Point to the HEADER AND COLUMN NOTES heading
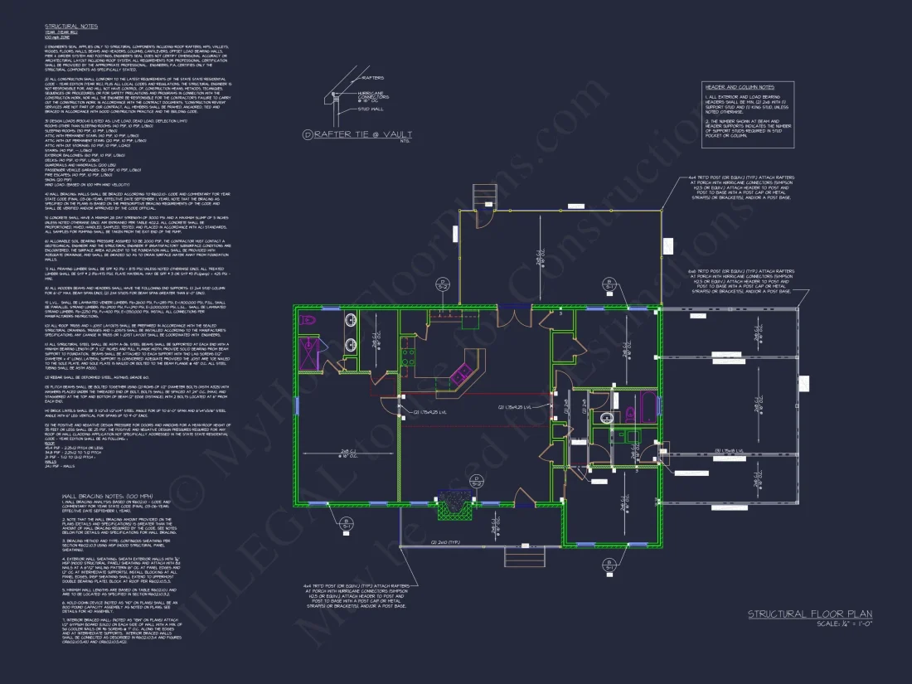click(x=739, y=86)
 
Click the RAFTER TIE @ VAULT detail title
click(x=352, y=133)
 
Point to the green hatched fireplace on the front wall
click(x=453, y=503)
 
